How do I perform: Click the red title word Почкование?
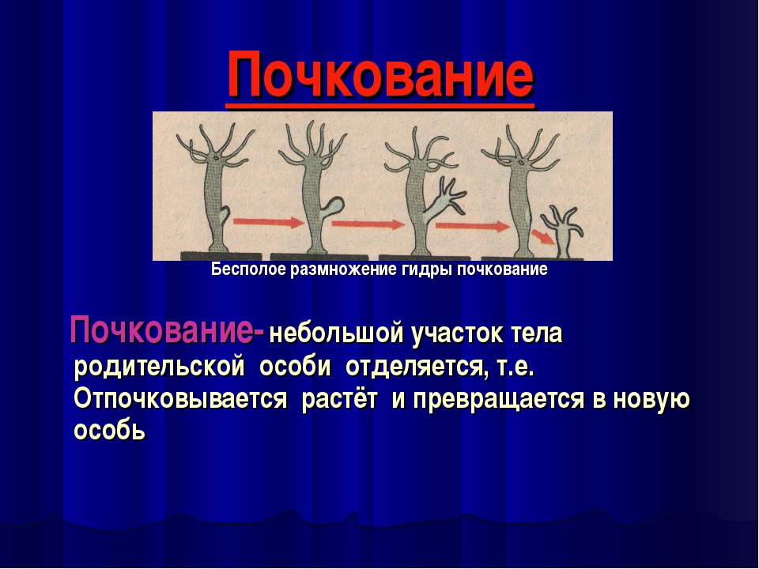click(380, 77)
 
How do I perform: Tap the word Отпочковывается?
click(179, 399)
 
